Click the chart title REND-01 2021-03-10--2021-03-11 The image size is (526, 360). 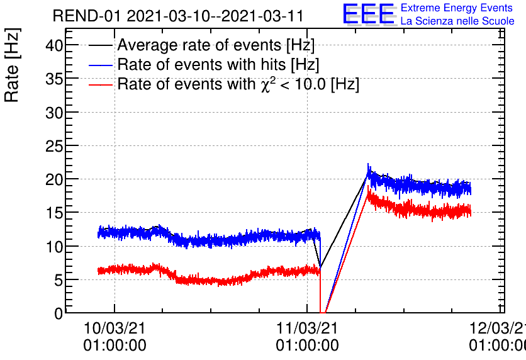(178, 16)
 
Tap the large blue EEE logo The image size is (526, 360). (369, 14)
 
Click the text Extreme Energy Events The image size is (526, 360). (456, 8)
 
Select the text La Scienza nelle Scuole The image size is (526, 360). (457, 21)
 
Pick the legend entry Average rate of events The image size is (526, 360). (216, 46)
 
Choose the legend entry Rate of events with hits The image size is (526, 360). (218, 65)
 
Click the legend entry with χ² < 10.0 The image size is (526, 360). (238, 84)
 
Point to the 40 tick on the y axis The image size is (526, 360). (55, 45)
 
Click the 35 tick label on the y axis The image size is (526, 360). (55, 79)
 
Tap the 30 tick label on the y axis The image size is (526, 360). (55, 112)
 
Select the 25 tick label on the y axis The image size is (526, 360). (55, 145)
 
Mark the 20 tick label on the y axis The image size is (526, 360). (55, 179)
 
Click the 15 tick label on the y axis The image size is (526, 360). (55, 213)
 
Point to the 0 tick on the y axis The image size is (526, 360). (59, 313)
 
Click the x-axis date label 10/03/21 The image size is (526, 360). (115, 329)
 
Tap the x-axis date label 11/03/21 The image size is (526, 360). (307, 329)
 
